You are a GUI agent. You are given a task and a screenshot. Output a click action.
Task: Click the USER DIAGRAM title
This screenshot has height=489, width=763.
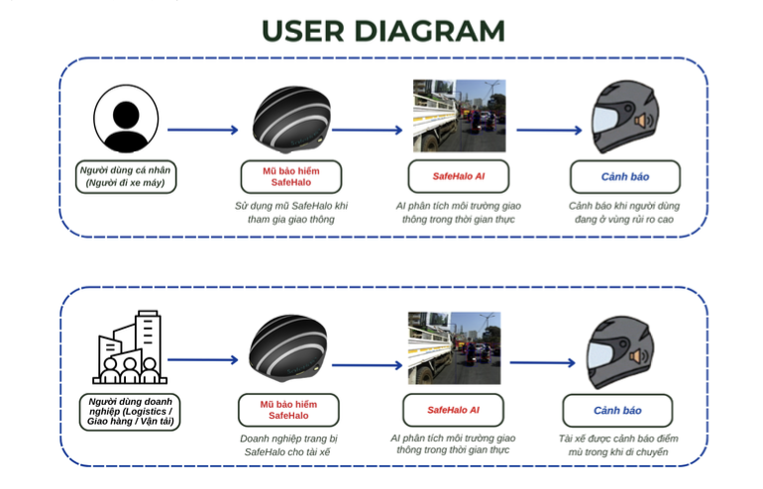[382, 31]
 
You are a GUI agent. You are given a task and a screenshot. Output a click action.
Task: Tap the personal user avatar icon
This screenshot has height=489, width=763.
[126, 118]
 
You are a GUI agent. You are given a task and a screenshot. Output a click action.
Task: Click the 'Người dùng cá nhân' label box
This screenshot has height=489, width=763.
[126, 176]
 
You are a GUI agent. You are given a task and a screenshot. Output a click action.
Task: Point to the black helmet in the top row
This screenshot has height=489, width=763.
[291, 120]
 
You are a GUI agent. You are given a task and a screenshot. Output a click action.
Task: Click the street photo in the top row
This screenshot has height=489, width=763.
[459, 116]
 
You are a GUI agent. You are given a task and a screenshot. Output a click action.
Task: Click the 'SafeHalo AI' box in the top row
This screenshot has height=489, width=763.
[459, 176]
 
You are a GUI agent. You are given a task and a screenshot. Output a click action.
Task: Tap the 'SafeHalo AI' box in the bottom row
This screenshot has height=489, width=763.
[454, 410]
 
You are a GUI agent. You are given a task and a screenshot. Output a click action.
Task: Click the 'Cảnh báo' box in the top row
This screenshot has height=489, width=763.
[625, 176]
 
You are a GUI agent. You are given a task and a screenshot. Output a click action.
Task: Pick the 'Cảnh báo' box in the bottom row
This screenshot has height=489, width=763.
[617, 410]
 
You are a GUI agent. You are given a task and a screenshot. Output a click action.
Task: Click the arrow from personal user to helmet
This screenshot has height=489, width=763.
[203, 130]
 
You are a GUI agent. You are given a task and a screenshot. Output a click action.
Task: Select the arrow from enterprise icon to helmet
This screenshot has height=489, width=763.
[203, 360]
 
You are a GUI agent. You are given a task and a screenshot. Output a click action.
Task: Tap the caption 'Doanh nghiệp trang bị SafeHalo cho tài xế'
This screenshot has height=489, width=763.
[286, 444]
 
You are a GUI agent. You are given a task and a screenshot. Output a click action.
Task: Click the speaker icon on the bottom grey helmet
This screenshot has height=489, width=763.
[639, 357]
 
